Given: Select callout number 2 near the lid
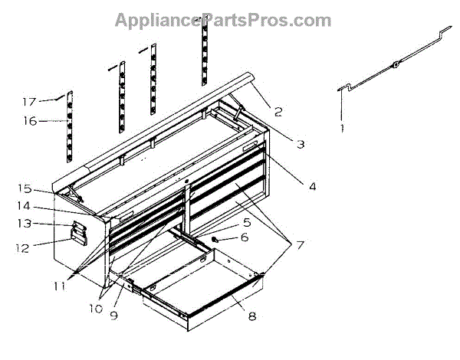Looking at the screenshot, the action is pyautogui.click(x=278, y=112).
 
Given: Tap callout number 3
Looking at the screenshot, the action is pyautogui.click(x=301, y=143).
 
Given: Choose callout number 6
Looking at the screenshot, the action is pyautogui.click(x=245, y=237).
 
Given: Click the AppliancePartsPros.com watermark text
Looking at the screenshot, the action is pyautogui.click(x=222, y=20).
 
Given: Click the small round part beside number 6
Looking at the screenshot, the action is pyautogui.click(x=216, y=239).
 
